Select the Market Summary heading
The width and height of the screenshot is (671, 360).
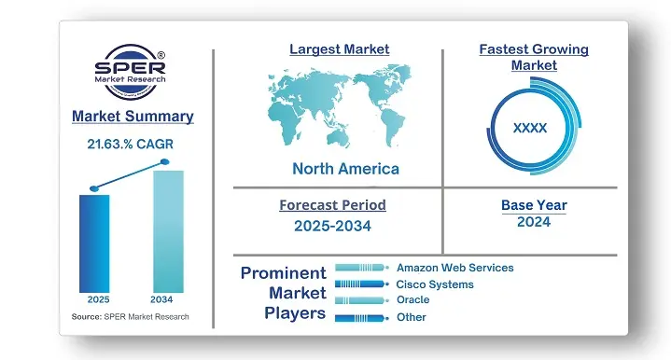(x=133, y=117)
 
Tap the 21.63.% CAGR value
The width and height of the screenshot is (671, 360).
(x=132, y=145)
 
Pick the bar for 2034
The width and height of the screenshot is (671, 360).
(x=167, y=229)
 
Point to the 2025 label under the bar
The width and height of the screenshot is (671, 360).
(x=97, y=300)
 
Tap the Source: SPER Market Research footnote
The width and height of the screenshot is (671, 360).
(x=131, y=317)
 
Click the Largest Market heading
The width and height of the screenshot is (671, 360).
(x=339, y=49)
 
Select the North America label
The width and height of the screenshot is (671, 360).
(x=345, y=169)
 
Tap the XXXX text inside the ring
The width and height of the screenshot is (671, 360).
(x=530, y=128)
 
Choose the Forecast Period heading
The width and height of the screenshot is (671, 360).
(x=332, y=205)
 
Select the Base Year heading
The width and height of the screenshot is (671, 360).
(x=533, y=205)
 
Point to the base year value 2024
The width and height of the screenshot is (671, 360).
(x=533, y=222)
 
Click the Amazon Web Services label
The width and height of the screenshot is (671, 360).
(x=454, y=268)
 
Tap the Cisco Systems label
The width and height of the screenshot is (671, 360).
(x=434, y=284)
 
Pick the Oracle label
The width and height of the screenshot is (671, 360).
(x=412, y=300)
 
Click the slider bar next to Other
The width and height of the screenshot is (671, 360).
(x=360, y=318)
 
